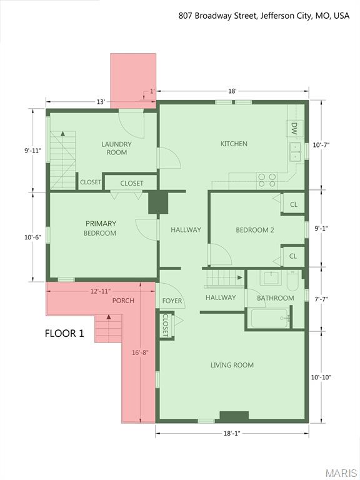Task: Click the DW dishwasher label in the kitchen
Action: point(294,129)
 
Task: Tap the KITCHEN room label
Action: point(234,144)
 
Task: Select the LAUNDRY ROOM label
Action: point(117,148)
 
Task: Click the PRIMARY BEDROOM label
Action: point(101,228)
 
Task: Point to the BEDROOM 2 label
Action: point(254,230)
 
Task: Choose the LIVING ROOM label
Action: point(232,365)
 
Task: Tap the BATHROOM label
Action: point(275,298)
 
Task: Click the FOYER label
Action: point(172,301)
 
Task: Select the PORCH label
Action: point(123,301)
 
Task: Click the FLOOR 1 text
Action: point(64,333)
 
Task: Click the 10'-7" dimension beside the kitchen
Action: point(321,144)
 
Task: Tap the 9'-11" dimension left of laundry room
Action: point(33,150)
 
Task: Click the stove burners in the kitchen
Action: point(267,181)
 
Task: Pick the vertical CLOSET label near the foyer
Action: point(165,324)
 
